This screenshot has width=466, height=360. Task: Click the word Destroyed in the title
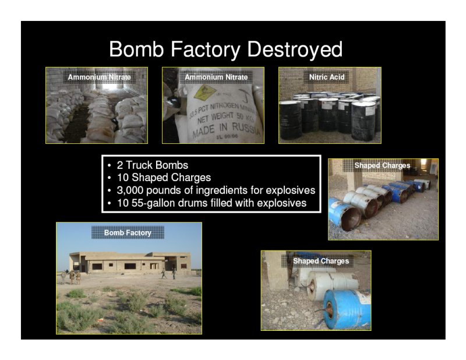pyautogui.click(x=295, y=49)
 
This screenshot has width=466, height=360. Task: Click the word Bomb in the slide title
pyautogui.click(x=136, y=49)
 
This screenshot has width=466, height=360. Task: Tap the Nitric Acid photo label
pyautogui.click(x=327, y=77)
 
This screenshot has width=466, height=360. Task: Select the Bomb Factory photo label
pyautogui.click(x=128, y=233)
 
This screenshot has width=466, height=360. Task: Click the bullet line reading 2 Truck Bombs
pyautogui.click(x=153, y=165)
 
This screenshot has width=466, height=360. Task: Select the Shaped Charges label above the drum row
pyautogui.click(x=382, y=165)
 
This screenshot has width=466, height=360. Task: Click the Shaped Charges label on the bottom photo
pyautogui.click(x=321, y=261)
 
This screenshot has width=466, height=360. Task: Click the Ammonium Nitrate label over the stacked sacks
pyautogui.click(x=99, y=77)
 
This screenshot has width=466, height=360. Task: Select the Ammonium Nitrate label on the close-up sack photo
pyautogui.click(x=216, y=77)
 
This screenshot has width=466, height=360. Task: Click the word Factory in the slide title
pyautogui.click(x=206, y=50)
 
